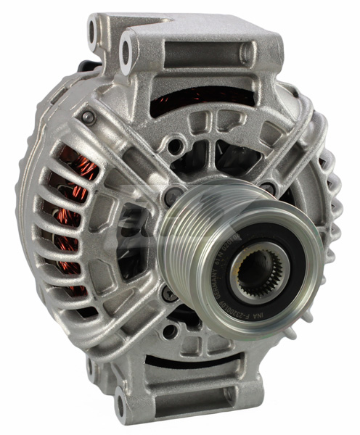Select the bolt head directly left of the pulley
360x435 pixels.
click(x=174, y=195)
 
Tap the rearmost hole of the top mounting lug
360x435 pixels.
click(x=93, y=30)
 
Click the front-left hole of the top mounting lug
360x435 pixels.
click(x=127, y=50)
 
